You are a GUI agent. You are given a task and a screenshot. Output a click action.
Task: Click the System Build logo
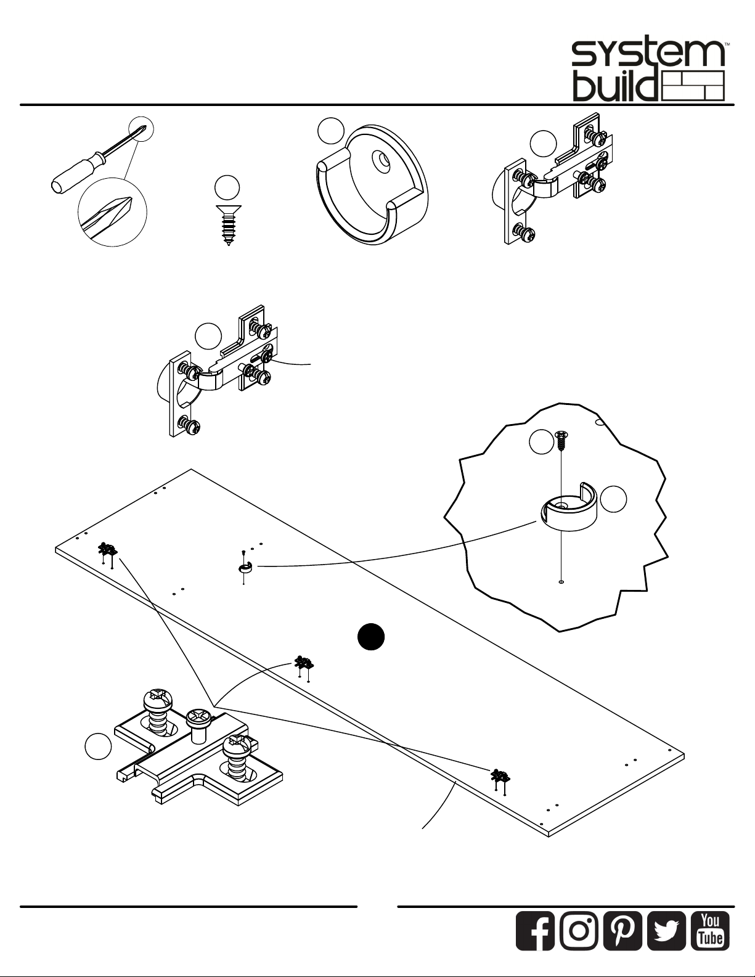[648, 72]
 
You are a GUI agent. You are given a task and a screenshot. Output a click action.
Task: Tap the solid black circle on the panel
[371, 637]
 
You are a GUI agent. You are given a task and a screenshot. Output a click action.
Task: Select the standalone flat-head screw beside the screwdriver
[228, 225]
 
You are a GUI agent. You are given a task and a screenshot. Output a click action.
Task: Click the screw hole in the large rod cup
[383, 160]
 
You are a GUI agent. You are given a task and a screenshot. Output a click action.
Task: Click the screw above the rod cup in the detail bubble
[561, 441]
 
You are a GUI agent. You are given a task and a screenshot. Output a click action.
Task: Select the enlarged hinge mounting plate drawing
[198, 748]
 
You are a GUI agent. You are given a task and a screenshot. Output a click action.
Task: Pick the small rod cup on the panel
[245, 568]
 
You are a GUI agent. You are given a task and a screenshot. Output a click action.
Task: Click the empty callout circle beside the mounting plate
[98, 746]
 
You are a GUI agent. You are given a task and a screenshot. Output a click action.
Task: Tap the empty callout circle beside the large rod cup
[331, 131]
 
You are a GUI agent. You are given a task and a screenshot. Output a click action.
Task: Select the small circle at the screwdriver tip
[141, 129]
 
